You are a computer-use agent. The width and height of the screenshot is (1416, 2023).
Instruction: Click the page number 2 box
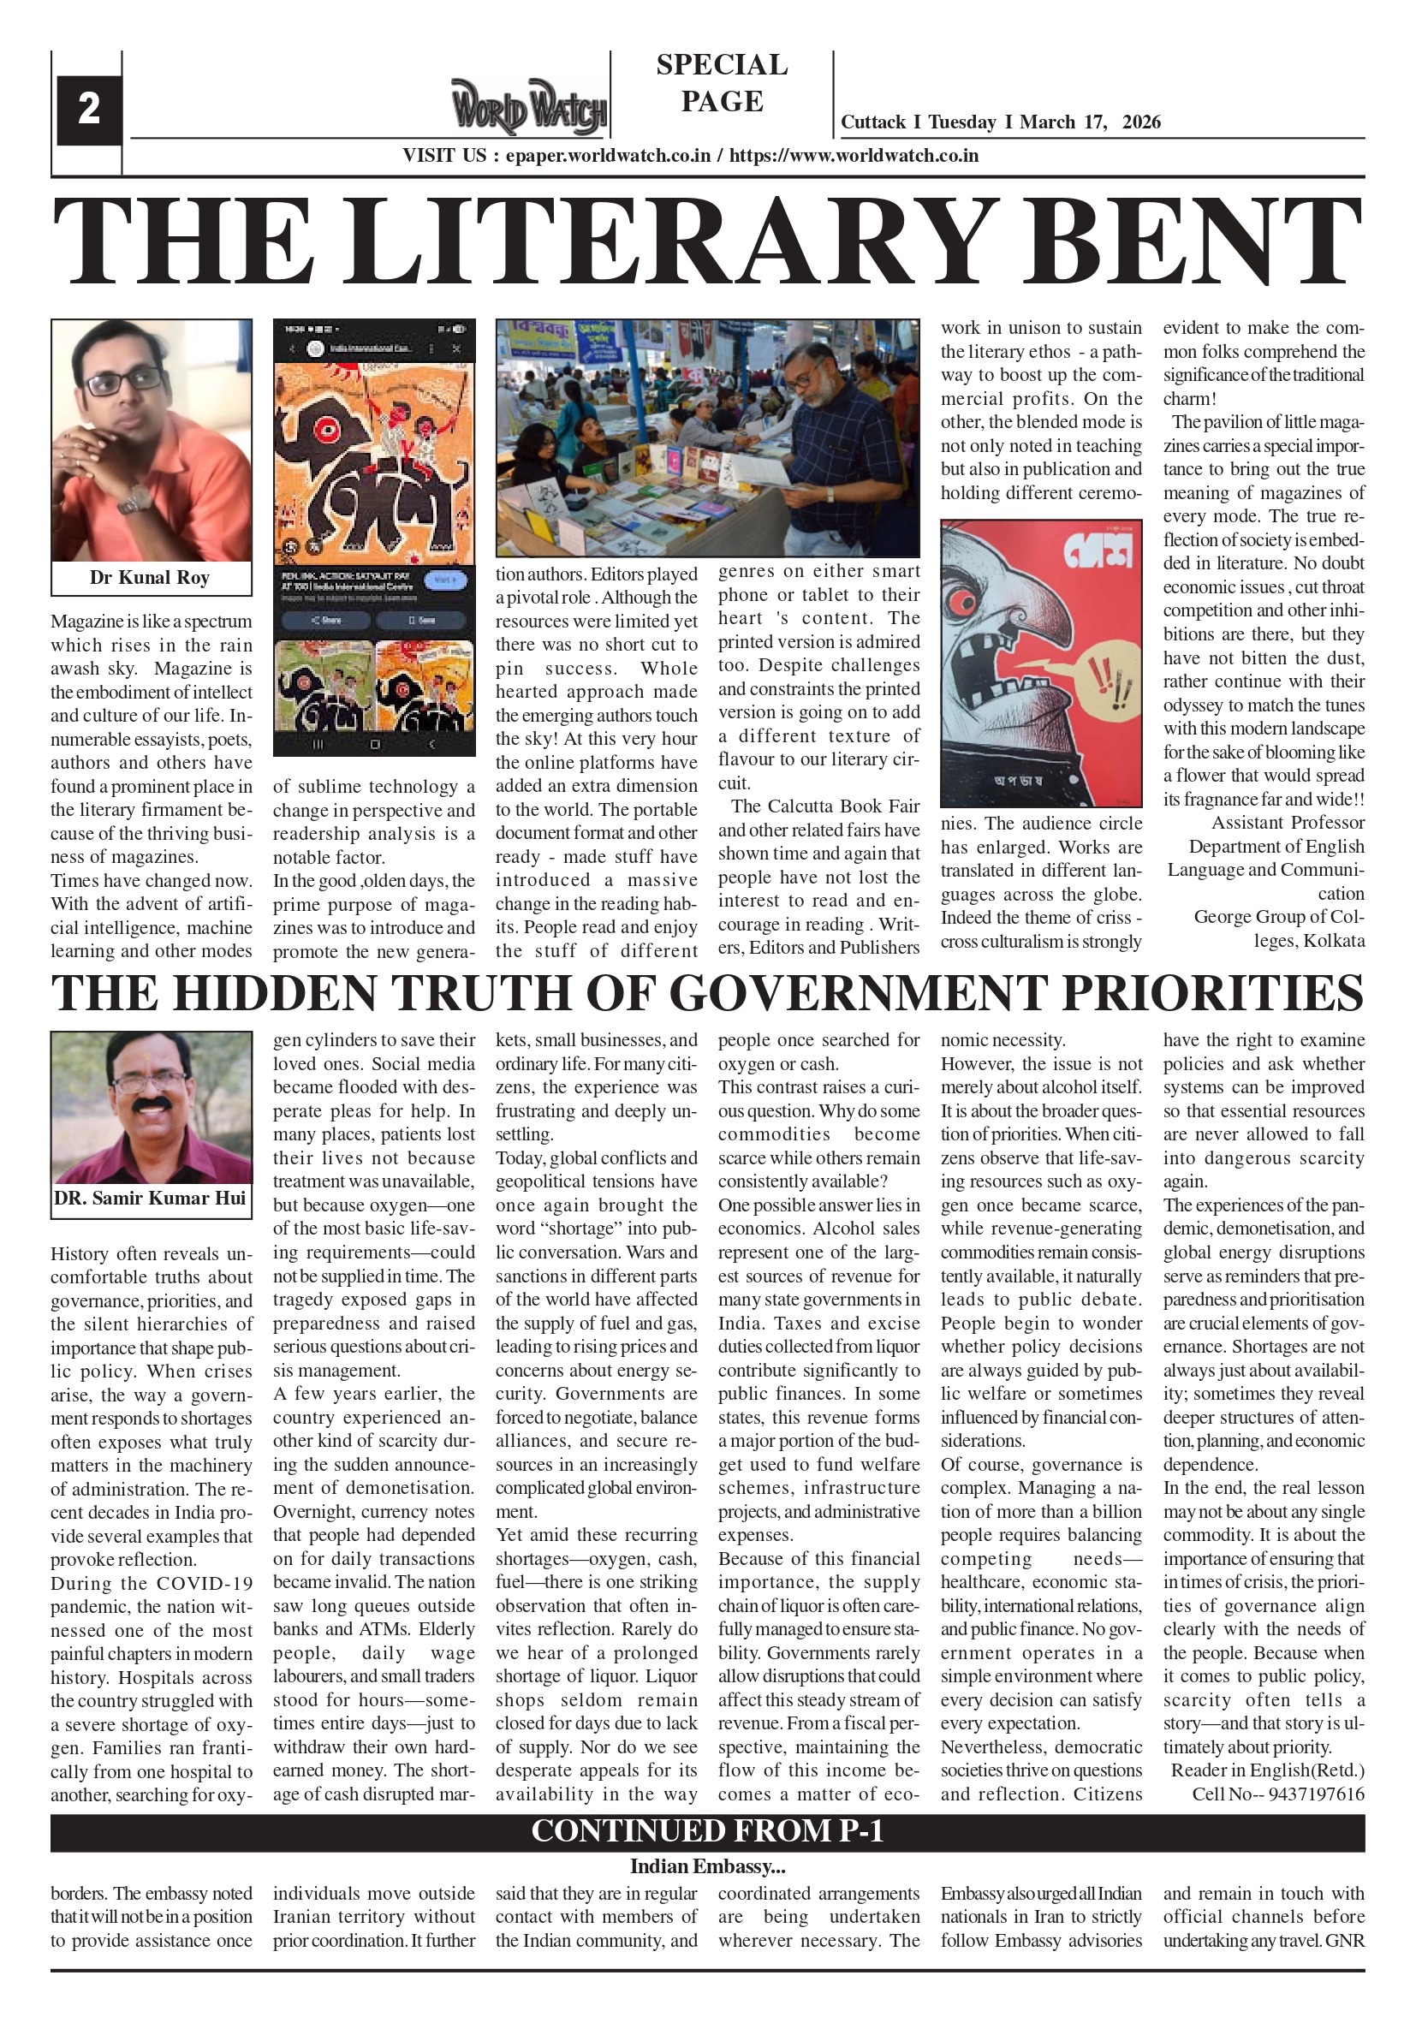coord(88,110)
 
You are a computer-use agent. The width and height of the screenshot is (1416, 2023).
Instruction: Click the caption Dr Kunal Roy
coord(150,578)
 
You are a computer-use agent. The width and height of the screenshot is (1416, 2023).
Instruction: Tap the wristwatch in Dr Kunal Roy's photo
coord(134,502)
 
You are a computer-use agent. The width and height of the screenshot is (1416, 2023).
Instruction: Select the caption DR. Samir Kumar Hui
coord(150,1199)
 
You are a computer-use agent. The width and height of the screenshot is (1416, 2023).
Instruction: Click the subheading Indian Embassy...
coord(706,1865)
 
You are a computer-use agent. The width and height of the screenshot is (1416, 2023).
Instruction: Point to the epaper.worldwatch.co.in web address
coord(608,156)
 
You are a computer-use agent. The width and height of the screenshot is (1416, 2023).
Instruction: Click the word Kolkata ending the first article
coord(1334,941)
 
